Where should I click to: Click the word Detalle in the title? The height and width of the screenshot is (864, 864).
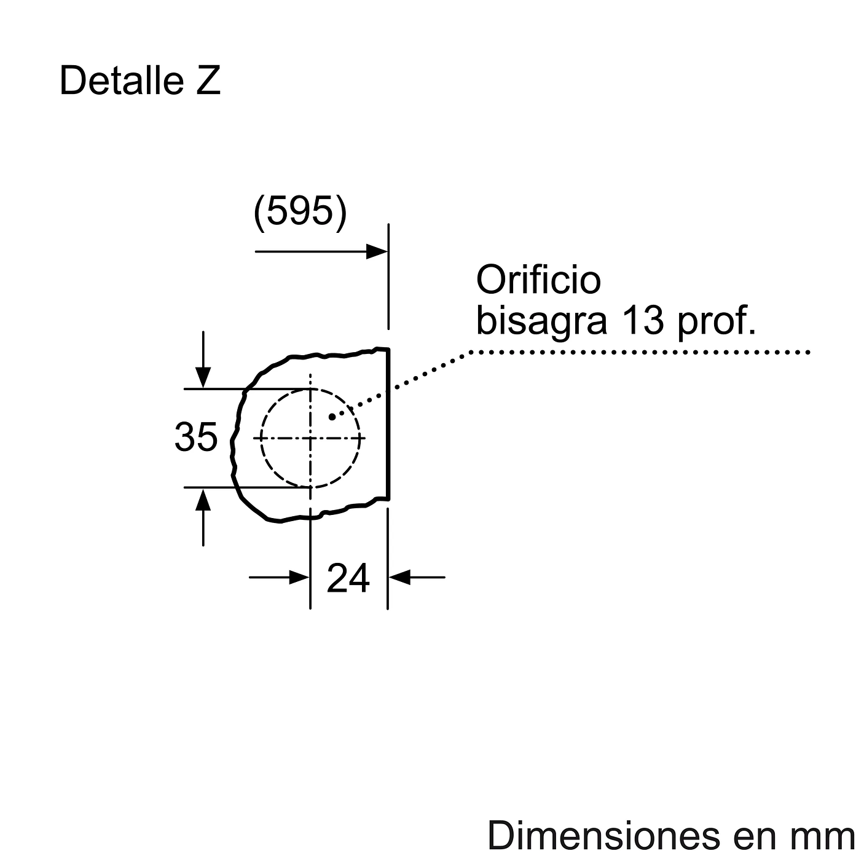click(121, 81)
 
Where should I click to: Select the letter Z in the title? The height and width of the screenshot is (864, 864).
click(208, 81)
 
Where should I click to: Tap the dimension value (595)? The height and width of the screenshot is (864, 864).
click(300, 212)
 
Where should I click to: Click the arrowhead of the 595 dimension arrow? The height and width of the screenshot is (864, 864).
click(377, 251)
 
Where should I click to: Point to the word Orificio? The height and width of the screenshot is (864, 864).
click(538, 280)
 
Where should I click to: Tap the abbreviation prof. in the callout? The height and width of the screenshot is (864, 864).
click(717, 321)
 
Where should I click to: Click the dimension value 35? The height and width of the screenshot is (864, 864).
click(196, 437)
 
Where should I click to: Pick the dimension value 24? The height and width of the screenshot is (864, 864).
click(348, 578)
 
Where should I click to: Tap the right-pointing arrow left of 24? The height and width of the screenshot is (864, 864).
click(298, 577)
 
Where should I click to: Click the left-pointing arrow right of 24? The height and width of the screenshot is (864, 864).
click(400, 577)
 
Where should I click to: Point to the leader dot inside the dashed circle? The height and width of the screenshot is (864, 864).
click(332, 417)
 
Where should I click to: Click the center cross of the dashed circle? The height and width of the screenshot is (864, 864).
click(310, 438)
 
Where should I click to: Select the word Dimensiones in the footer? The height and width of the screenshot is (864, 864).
click(603, 836)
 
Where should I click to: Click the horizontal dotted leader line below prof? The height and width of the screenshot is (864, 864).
click(639, 352)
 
